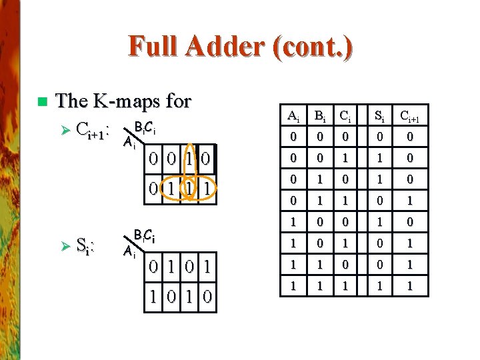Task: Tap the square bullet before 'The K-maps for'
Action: point(42,102)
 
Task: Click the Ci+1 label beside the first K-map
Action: point(93,129)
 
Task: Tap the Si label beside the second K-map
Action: point(84,247)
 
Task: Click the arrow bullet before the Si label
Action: point(62,247)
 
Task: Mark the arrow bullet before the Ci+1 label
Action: point(62,129)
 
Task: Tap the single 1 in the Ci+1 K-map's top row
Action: point(190,160)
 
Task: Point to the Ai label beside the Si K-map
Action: point(129,251)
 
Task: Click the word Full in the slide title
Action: point(155,47)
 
